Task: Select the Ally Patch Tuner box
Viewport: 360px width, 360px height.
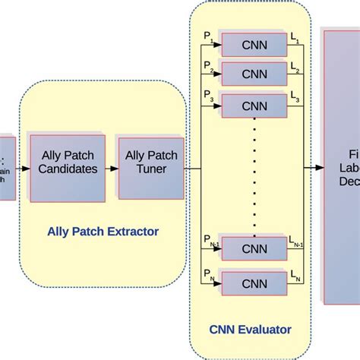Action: (151, 163)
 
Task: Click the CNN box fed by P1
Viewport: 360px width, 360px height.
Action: (254, 44)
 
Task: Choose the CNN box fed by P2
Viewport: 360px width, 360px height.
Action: (254, 74)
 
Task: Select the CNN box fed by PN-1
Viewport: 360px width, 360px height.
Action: (254, 249)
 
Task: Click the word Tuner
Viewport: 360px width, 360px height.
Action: (151, 169)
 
